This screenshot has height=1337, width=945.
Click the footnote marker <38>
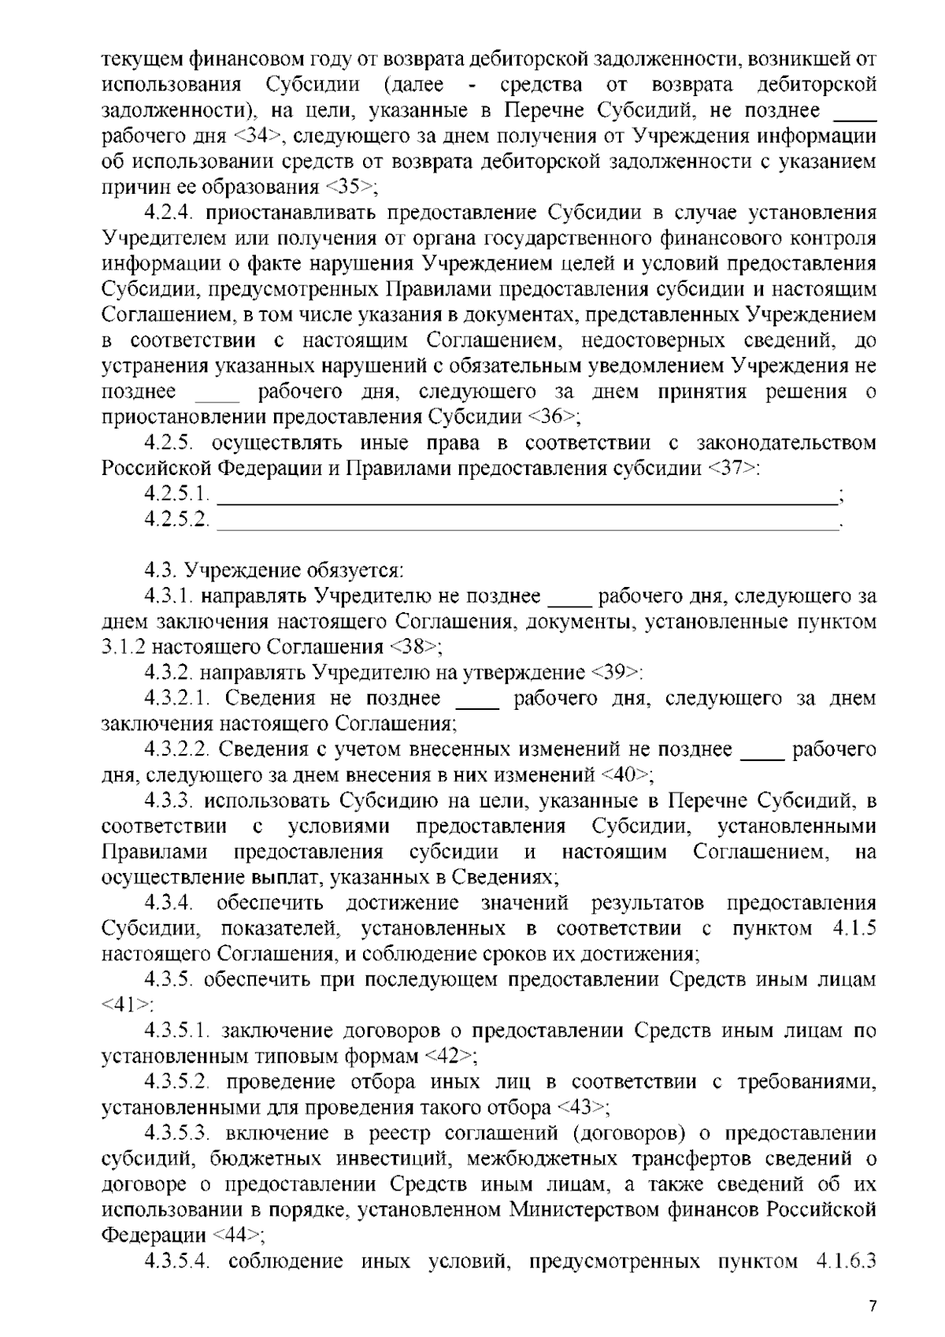[415, 647]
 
